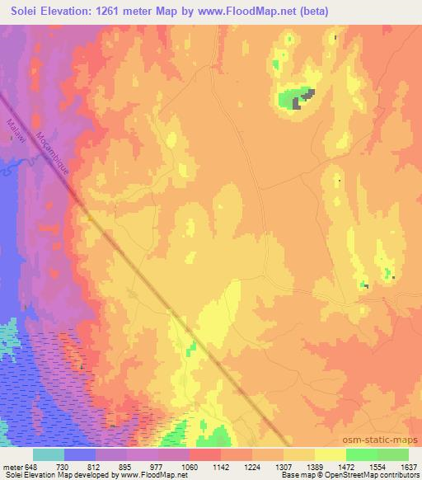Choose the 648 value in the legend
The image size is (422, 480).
[30, 467]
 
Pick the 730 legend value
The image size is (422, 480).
[63, 467]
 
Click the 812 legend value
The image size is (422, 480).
[95, 467]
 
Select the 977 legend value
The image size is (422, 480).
[157, 467]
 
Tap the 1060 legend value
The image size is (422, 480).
[189, 467]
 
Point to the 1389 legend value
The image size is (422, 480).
[316, 467]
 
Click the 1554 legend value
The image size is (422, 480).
[378, 467]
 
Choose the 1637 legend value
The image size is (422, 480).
[409, 467]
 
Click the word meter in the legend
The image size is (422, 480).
[11, 467]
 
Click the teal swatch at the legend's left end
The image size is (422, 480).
[49, 454]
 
